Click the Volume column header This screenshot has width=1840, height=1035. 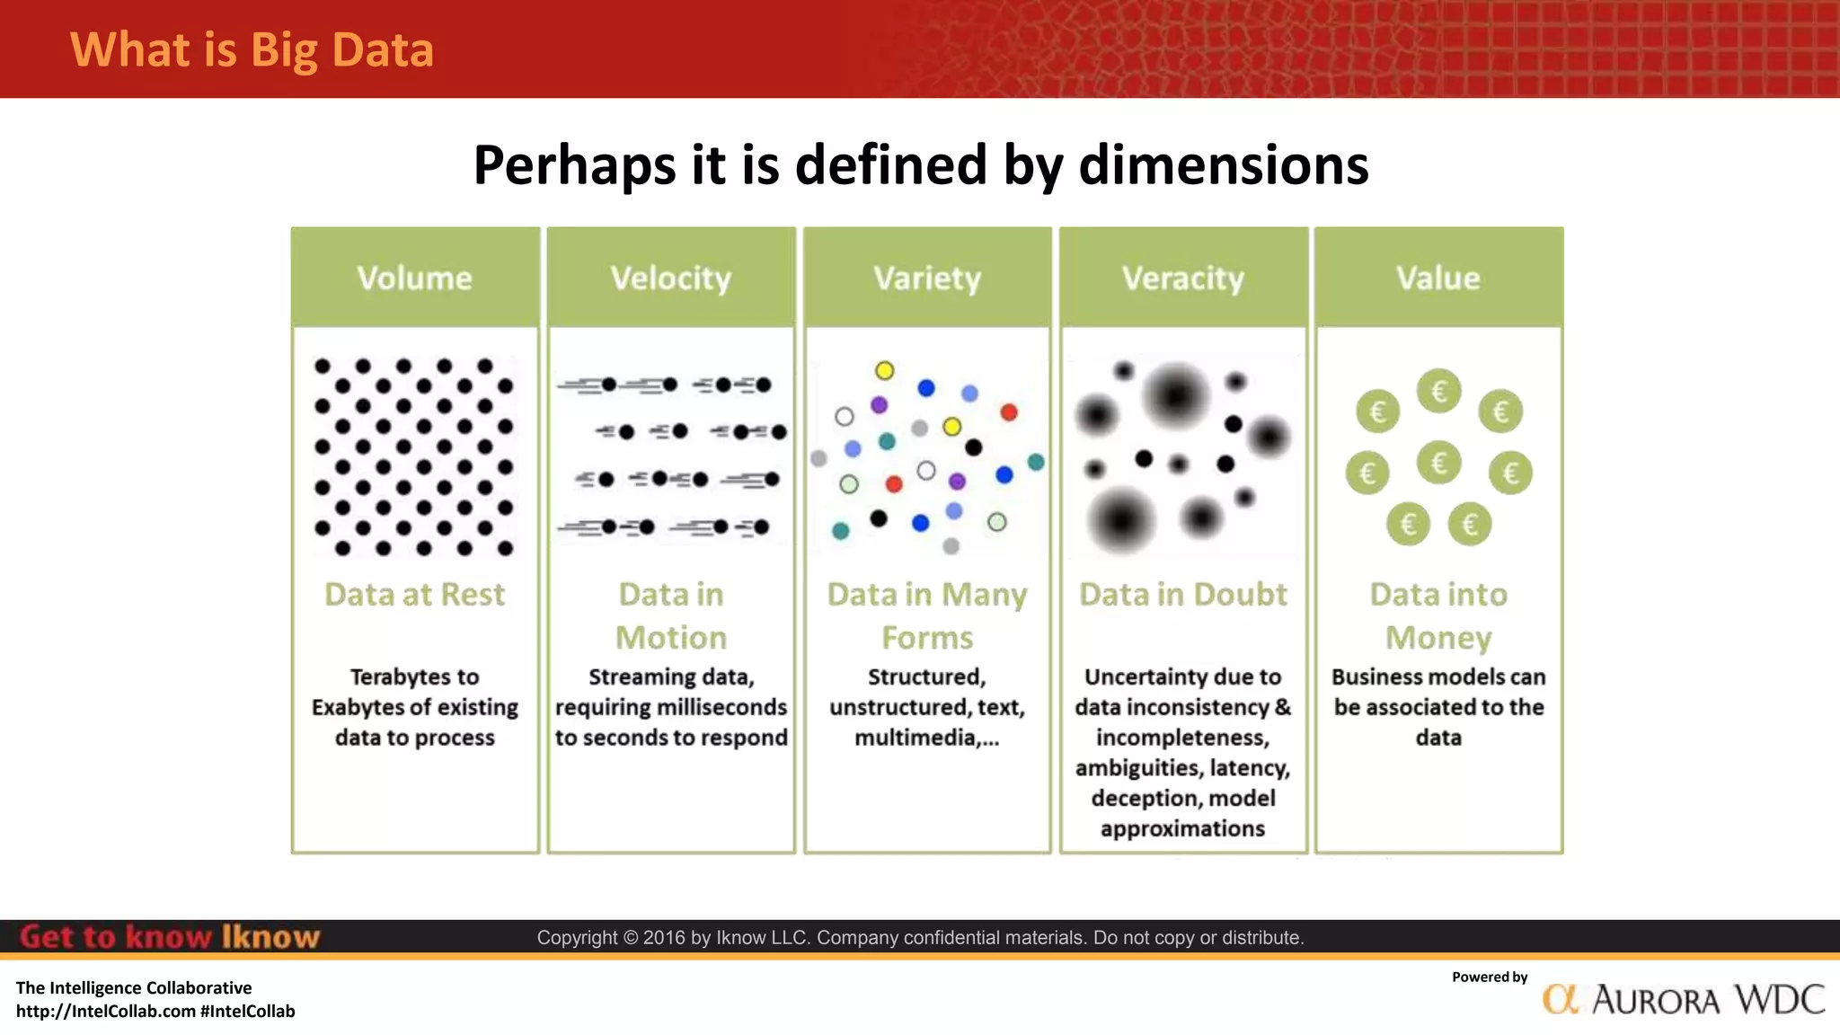click(414, 278)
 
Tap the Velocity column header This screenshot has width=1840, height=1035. click(671, 278)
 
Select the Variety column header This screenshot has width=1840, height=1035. click(927, 278)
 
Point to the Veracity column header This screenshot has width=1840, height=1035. click(1182, 278)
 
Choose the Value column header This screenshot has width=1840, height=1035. click(1437, 278)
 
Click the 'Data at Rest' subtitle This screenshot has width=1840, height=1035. click(414, 594)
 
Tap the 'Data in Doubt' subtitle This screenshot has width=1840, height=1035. click(1182, 594)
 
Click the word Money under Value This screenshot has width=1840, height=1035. click(1437, 637)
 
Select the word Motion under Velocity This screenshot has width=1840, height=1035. click(671, 637)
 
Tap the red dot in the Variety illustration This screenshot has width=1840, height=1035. click(1009, 412)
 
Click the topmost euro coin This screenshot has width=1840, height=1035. click(1438, 391)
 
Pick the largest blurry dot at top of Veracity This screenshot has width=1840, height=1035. click(1175, 394)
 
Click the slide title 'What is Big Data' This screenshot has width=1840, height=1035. click(252, 49)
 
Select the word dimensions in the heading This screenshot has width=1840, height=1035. click(1223, 165)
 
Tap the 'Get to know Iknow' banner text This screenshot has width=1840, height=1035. click(169, 937)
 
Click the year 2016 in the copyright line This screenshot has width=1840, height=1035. click(664, 938)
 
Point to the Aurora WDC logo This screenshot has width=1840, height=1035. click(1684, 999)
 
